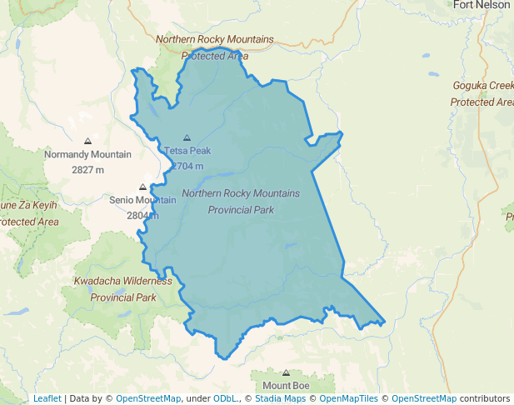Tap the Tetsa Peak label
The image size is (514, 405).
tap(187, 151)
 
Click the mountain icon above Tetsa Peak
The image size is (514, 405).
tap(187, 137)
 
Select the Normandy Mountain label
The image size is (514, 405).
tap(87, 155)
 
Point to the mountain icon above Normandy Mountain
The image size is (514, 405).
tap(87, 142)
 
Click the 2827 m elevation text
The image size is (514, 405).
tap(87, 170)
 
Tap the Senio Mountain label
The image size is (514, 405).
tap(142, 200)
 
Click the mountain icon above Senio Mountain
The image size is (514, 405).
tap(142, 187)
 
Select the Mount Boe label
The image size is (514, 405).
tap(287, 385)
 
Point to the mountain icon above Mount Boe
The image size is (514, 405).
tap(287, 372)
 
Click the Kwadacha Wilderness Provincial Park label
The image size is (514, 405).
tap(122, 289)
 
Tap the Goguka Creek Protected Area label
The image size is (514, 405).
tap(483, 93)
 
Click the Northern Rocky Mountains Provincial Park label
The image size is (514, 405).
tap(240, 202)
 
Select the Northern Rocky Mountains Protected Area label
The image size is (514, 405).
tap(214, 47)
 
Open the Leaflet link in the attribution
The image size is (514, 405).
tap(47, 398)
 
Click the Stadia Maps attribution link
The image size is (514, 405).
tap(278, 398)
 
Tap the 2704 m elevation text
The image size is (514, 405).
tap(187, 166)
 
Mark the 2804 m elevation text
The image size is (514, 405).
tap(142, 215)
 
